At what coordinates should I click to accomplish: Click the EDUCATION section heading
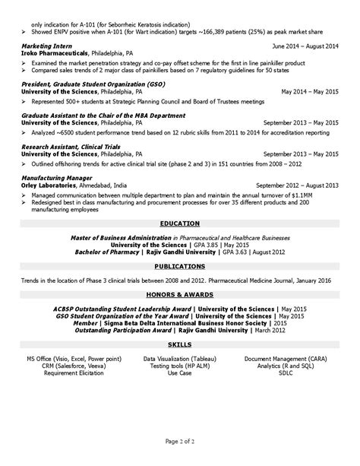point(180,224)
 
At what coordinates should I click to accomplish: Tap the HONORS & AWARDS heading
point(180,293)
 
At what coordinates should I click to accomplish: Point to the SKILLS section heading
point(180,346)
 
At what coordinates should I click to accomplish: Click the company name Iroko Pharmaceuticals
point(57,53)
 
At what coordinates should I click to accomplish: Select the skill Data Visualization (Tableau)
point(180,357)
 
